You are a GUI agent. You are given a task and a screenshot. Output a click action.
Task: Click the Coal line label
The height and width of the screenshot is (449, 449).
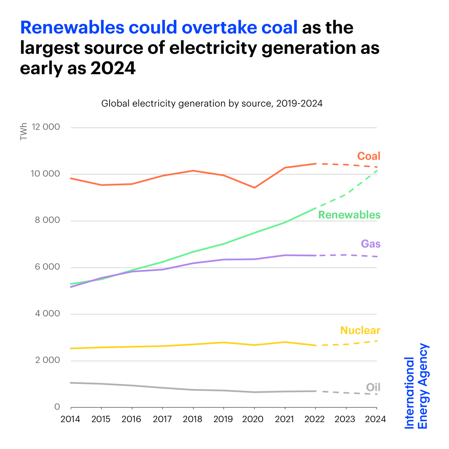(x=369, y=156)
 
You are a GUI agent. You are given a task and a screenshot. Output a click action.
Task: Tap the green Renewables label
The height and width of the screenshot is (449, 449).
(x=349, y=215)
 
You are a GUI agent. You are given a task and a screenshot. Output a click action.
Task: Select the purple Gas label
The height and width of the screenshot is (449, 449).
(x=370, y=244)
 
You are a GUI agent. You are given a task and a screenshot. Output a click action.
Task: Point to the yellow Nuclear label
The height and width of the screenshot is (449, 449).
(x=360, y=330)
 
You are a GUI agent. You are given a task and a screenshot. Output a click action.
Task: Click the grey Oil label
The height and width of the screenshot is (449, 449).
(x=373, y=387)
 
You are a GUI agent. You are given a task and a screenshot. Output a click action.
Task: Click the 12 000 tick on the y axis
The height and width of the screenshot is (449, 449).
(x=46, y=127)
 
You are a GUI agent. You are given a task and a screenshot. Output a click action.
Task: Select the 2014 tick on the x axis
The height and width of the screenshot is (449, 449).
(x=70, y=419)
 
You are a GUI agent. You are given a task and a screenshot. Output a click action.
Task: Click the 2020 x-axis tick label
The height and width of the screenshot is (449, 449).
(x=254, y=419)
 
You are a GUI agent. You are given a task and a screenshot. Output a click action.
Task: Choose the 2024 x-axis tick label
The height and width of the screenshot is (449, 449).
(x=376, y=419)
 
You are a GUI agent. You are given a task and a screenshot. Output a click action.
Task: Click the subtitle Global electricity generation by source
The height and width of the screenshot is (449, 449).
(x=212, y=104)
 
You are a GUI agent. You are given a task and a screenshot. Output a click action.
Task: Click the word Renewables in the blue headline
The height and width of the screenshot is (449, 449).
(x=72, y=28)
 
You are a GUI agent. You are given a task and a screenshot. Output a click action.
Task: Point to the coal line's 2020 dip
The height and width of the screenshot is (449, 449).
(x=254, y=187)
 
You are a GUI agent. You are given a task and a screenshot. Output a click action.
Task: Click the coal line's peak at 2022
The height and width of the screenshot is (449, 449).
(x=315, y=164)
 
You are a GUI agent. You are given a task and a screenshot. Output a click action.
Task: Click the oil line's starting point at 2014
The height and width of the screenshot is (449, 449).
(x=71, y=383)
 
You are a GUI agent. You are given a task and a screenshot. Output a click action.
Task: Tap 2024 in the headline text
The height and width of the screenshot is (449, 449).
(x=113, y=68)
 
